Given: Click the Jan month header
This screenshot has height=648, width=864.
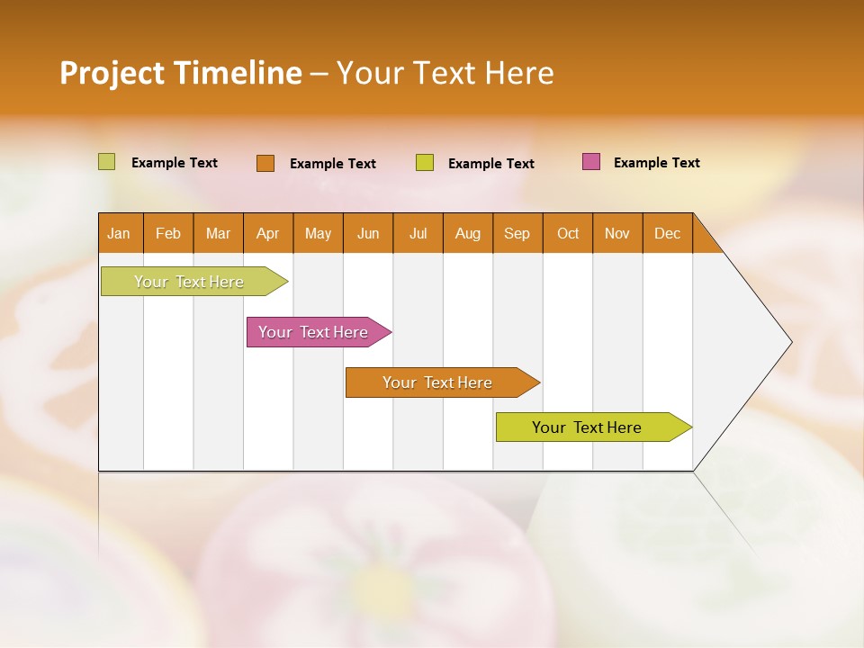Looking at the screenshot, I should tap(120, 233).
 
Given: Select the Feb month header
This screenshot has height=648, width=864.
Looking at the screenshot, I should tap(168, 233).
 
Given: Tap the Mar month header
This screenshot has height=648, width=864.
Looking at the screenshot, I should tap(218, 233).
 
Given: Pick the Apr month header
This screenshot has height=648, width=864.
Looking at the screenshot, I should tap(268, 233).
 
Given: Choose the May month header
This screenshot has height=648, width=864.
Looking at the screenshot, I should tap(318, 233).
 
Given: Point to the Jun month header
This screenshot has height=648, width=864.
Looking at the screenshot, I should tap(368, 233).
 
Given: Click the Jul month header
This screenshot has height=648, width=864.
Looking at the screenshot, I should tap(418, 233).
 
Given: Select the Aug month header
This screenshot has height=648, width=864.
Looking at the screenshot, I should tap(468, 233).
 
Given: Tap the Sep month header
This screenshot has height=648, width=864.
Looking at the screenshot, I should tap(517, 233).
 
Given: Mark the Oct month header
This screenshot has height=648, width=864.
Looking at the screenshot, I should tap(568, 233).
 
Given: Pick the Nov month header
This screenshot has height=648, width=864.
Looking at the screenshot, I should tap(617, 233).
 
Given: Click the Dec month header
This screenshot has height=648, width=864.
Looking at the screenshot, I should tap(668, 233).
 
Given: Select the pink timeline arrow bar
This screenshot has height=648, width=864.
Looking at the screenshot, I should tap(315, 332).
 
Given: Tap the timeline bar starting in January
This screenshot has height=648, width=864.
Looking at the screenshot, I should tap(190, 282).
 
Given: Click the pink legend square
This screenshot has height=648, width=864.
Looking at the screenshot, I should tap(591, 162).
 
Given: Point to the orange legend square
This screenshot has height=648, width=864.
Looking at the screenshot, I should tap(265, 163).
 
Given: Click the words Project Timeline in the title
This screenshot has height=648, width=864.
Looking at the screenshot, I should tap(181, 73).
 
